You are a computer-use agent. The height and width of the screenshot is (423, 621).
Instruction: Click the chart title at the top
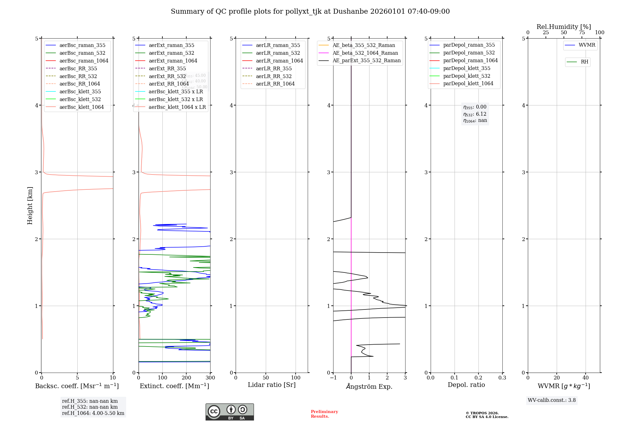(x=310, y=12)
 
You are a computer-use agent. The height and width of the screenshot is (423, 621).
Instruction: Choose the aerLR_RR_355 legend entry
(x=274, y=68)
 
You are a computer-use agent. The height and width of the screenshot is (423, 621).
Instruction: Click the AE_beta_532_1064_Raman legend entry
(x=365, y=53)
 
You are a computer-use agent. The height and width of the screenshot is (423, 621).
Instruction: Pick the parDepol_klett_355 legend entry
(x=467, y=68)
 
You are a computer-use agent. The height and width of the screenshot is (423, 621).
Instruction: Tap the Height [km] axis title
(x=30, y=206)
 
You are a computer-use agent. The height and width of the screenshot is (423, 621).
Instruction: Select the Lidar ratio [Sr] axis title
(x=272, y=385)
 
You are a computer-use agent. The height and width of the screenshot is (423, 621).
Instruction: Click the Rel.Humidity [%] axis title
(x=564, y=27)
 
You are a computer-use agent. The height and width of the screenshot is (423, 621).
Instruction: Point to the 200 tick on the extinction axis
(x=186, y=378)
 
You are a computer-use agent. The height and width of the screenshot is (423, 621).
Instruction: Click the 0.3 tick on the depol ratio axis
(x=502, y=378)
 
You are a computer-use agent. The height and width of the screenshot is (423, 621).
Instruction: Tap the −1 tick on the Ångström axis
(x=333, y=378)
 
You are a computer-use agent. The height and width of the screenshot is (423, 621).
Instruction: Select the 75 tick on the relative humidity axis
(x=582, y=33)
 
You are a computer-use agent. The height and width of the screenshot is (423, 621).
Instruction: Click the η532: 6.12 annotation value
(x=475, y=114)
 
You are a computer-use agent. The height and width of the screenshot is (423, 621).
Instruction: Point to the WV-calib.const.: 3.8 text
(x=552, y=400)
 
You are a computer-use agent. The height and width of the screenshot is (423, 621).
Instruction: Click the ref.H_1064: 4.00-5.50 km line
(x=93, y=413)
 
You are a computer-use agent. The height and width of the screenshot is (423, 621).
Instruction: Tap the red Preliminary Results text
(x=324, y=414)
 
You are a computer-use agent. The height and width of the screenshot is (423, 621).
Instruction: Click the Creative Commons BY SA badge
(x=229, y=412)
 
